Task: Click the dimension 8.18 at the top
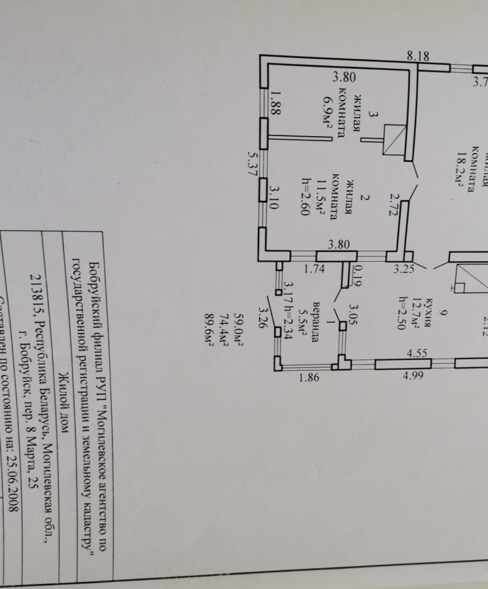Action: (x=417, y=56)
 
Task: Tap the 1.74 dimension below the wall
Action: (x=315, y=267)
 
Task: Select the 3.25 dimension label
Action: (x=404, y=268)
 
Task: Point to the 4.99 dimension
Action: (x=413, y=376)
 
